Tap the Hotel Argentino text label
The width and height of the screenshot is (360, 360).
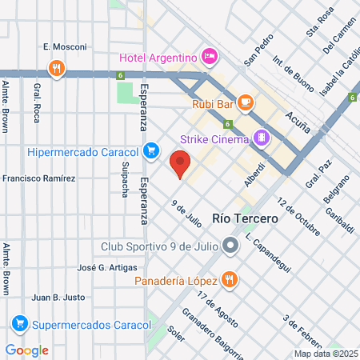pos(158,57)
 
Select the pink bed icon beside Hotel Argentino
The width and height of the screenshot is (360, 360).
pos(209,56)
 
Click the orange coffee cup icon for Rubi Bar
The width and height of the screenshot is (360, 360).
pos(245,102)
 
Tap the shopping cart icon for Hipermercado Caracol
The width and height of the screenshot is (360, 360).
pos(150,150)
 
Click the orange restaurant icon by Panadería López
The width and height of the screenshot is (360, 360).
pos(230,280)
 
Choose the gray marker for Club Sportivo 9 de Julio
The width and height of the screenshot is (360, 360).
pos(230,246)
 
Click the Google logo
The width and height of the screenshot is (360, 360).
pos(27,350)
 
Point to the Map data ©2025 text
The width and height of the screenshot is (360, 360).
pos(326,354)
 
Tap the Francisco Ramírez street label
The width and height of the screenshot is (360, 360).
pos(39,178)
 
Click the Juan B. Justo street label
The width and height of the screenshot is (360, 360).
pos(58,297)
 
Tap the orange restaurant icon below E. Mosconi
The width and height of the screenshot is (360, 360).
pos(55,68)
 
